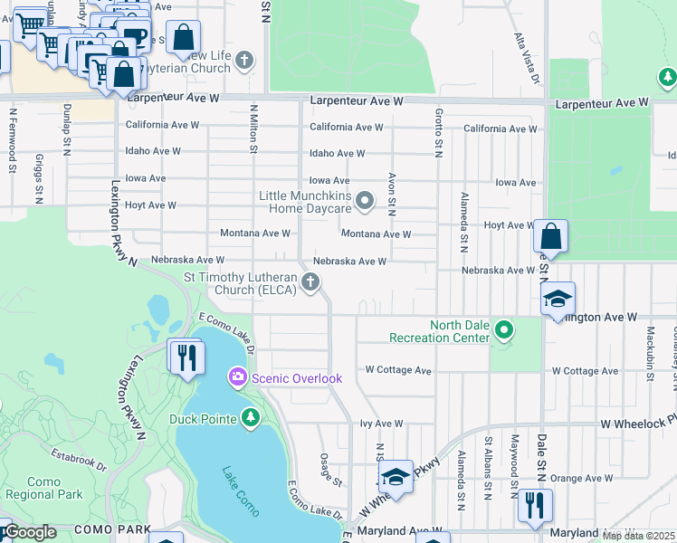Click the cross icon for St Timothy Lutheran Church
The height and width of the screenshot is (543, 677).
point(310,282)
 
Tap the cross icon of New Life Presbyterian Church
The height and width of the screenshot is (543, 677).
point(243,62)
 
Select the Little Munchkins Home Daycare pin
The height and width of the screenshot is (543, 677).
point(365,201)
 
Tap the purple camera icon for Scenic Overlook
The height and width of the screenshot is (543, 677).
point(238,376)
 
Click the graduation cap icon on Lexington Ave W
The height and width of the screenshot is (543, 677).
point(559,300)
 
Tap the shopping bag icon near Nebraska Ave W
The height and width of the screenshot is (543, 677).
point(550,237)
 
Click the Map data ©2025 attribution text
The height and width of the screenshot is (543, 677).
point(638,536)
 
